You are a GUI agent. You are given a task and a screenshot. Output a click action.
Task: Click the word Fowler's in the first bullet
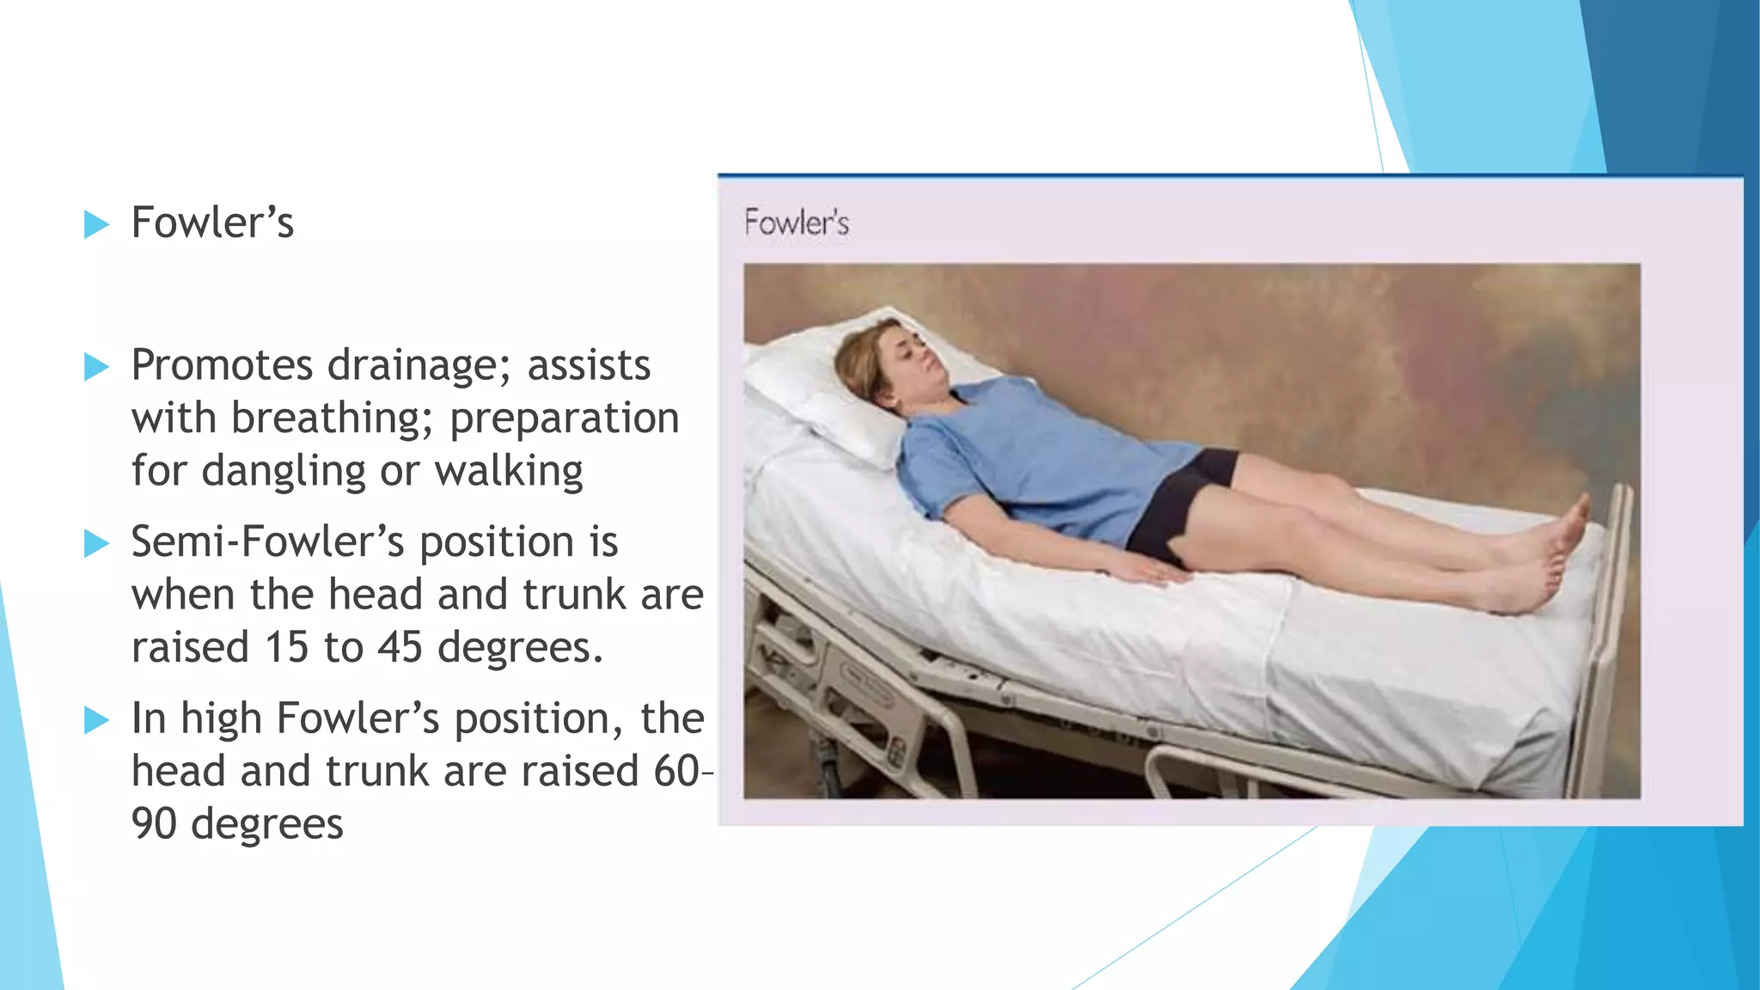tap(212, 223)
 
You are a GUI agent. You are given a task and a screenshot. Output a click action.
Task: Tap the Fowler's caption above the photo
tap(796, 223)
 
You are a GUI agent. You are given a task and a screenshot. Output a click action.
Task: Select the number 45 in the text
tap(400, 647)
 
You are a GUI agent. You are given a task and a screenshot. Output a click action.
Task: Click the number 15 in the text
tap(286, 647)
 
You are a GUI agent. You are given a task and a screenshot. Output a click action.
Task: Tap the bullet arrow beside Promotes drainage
tap(96, 367)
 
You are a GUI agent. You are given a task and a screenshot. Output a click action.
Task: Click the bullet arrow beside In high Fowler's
tap(96, 719)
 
